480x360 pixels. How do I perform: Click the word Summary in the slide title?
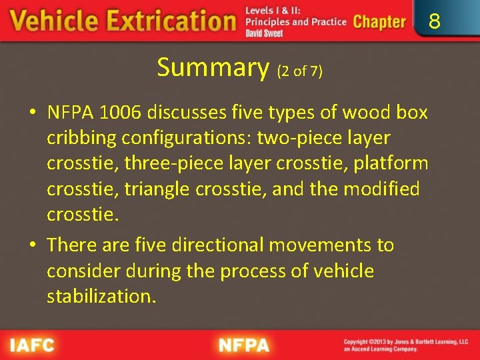[x=213, y=67]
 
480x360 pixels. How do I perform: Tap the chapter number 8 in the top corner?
[x=435, y=22]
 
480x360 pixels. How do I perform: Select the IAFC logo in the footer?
[x=31, y=345]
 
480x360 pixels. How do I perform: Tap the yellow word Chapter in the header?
[x=379, y=22]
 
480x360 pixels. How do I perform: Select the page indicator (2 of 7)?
[x=300, y=71]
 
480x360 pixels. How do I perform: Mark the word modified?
[x=381, y=189]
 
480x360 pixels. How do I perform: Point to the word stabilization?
[x=101, y=296]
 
